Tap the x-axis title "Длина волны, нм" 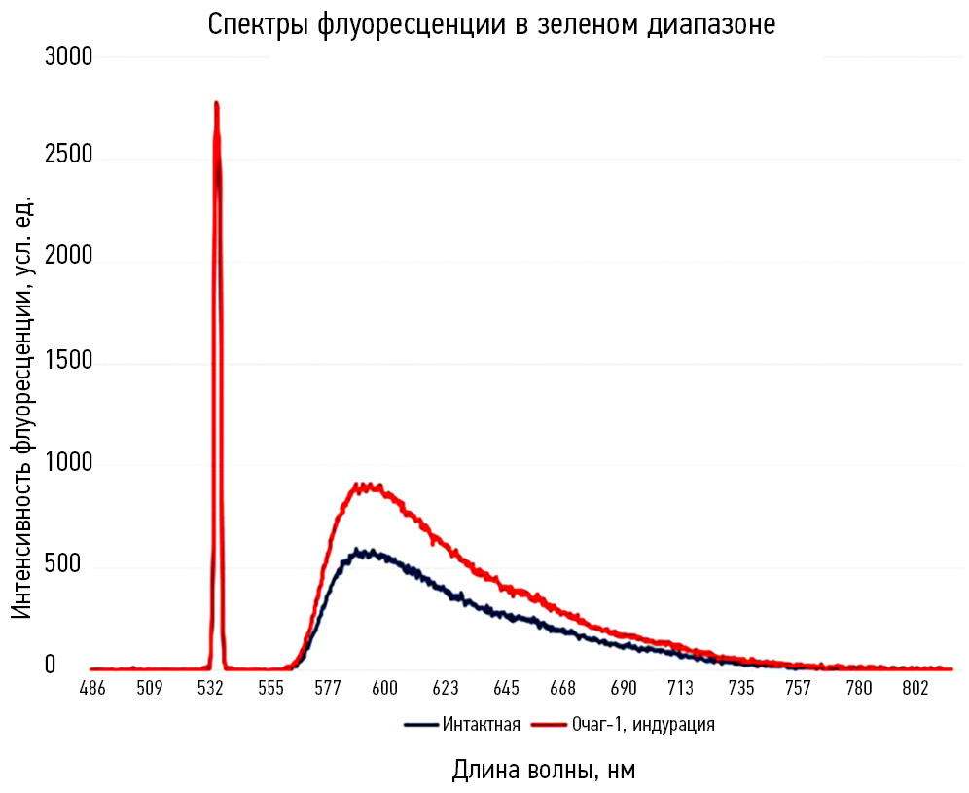[544, 770]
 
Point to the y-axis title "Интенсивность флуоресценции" [23, 407]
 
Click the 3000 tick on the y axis [68, 57]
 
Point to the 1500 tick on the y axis [68, 363]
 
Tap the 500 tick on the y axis [74, 566]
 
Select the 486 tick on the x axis [92, 689]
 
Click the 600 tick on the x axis [385, 689]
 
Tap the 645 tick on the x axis [505, 689]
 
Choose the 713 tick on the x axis [680, 689]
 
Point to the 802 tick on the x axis [915, 689]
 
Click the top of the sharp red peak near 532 [216, 103]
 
